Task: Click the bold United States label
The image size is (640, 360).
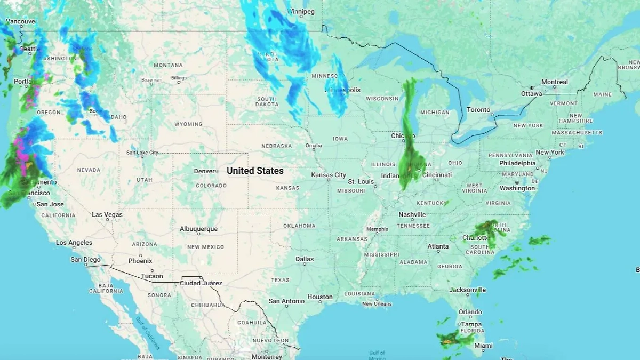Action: [255, 171]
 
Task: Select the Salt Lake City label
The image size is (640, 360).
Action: [142, 153]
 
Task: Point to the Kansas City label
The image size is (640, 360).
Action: [329, 175]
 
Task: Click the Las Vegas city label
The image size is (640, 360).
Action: [107, 215]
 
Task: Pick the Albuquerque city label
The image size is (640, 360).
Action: [198, 229]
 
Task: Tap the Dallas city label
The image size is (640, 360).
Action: [305, 259]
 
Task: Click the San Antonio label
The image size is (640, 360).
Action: [286, 301]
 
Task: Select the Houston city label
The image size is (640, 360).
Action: [320, 297]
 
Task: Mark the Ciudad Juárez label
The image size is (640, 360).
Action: [202, 283]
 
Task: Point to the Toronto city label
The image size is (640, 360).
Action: [478, 110]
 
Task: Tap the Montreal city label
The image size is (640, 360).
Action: [555, 82]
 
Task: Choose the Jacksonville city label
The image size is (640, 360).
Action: [468, 290]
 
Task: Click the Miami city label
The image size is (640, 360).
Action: [484, 346]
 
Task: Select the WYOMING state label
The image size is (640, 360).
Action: [188, 124]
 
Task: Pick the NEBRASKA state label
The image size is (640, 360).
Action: [276, 146]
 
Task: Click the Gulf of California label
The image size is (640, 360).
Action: [145, 332]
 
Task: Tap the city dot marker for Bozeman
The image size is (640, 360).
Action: [151, 84]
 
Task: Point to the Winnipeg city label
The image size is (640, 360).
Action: [301, 11]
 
